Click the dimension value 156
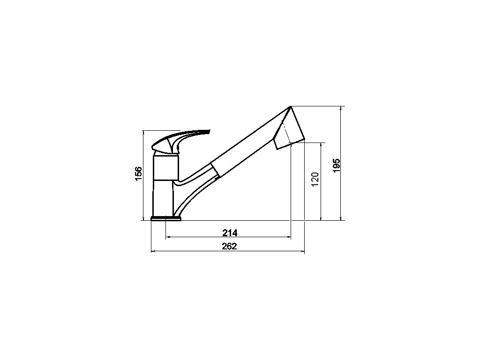click(139, 174)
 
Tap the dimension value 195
click(337, 165)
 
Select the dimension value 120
click(315, 180)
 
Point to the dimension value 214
click(230, 233)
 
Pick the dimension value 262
click(230, 247)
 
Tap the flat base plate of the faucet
click(166, 218)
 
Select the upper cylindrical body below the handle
click(165, 168)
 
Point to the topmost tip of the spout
click(290, 106)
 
